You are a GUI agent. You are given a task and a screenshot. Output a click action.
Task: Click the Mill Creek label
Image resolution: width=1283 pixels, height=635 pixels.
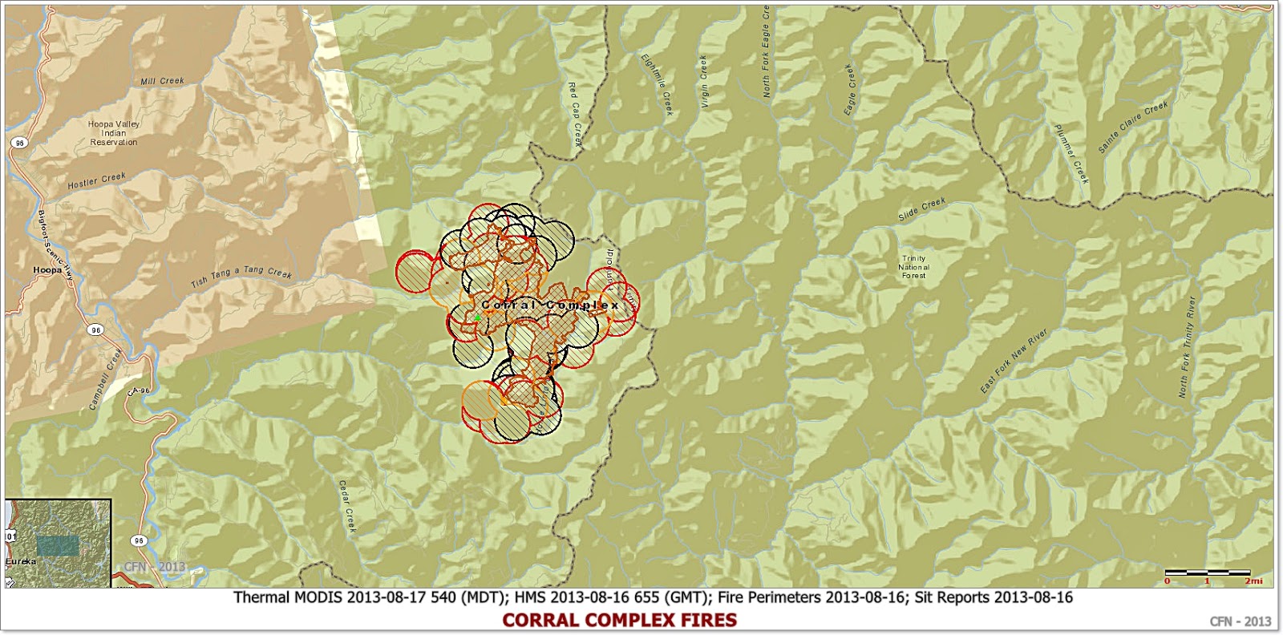[x=162, y=81]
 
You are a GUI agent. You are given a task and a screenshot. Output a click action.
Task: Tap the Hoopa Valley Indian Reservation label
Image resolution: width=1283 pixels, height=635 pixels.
[x=113, y=133]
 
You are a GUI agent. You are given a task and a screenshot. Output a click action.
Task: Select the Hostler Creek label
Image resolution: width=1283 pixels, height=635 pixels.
[x=97, y=180]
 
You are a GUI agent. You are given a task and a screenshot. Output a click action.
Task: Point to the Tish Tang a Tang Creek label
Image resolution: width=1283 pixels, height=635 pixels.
[x=241, y=278]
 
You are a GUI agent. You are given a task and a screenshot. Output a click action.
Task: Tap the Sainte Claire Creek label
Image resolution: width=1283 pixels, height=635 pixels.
[x=1132, y=127]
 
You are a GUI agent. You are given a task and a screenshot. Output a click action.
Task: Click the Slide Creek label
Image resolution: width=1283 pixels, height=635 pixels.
[x=922, y=210]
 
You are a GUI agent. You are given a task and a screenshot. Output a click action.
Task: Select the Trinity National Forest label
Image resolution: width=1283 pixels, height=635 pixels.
[x=913, y=267]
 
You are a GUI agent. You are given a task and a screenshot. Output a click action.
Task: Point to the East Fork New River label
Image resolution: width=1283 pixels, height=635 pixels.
[x=1015, y=361]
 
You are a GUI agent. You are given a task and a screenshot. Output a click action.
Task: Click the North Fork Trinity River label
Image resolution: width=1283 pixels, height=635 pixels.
[x=1187, y=346]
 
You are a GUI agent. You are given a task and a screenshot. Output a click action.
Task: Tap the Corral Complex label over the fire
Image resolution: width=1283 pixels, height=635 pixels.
[x=550, y=305]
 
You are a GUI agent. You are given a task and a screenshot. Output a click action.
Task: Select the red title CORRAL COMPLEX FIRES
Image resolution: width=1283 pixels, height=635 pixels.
[x=619, y=620]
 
